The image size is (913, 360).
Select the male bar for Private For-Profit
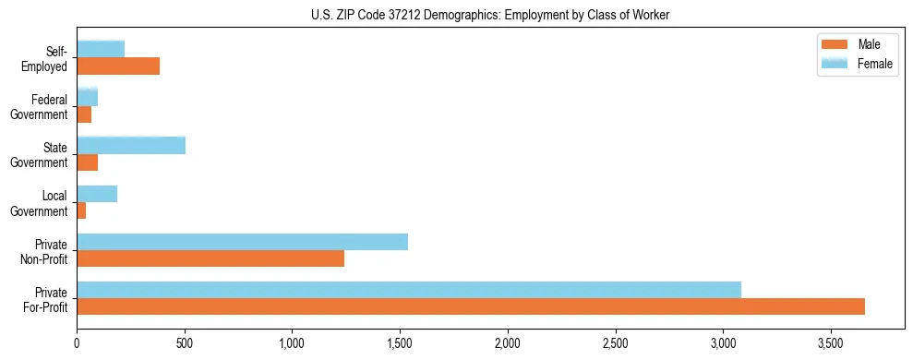click(x=471, y=306)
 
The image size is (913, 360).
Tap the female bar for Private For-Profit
click(x=409, y=290)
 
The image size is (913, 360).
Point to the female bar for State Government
click(x=131, y=146)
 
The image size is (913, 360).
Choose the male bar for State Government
click(x=88, y=162)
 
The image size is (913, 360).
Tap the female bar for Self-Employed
click(x=101, y=50)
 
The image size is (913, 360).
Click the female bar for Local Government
click(x=97, y=194)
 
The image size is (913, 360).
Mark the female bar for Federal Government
click(x=88, y=98)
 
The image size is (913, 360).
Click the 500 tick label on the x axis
click(x=185, y=343)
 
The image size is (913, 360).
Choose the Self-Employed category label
click(x=48, y=58)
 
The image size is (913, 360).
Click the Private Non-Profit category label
click(x=47, y=251)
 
